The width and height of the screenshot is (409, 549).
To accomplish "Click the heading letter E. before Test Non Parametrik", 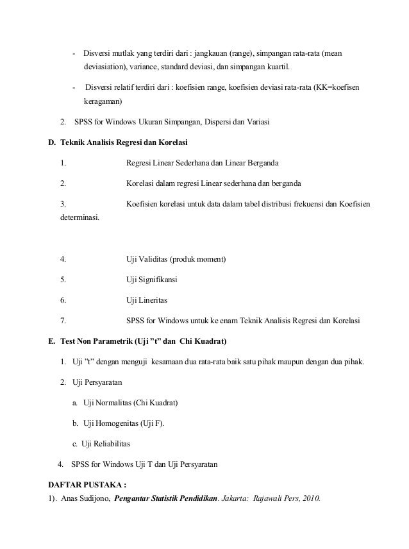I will pyautogui.click(x=53, y=340).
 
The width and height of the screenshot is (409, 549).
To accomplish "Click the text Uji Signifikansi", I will pyautogui.click(x=152, y=280).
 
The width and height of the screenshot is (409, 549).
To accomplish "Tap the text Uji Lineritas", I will pyautogui.click(x=147, y=300).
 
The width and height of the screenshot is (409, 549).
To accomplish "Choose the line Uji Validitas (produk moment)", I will pyautogui.click(x=176, y=260).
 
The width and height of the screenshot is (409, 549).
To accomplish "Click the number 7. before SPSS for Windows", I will pyautogui.click(x=63, y=320).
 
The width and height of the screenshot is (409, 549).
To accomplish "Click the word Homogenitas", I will pyautogui.click(x=119, y=423).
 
